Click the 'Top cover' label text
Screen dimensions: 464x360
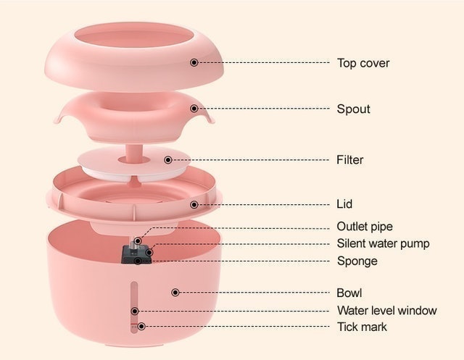click(363, 63)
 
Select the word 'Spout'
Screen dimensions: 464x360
click(353, 109)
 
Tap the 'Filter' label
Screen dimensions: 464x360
click(349, 160)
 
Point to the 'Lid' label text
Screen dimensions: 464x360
click(344, 204)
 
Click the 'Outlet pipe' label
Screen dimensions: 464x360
click(365, 227)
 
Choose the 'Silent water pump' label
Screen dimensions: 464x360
click(383, 243)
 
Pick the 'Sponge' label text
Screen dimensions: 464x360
click(357, 261)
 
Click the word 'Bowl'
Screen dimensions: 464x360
click(349, 293)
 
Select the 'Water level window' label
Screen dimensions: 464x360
click(386, 310)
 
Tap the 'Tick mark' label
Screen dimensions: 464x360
click(362, 327)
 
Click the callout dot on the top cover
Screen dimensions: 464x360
click(194, 62)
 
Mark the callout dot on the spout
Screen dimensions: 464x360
click(194, 109)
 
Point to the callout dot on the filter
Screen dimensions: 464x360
click(168, 160)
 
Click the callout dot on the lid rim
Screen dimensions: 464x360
click(194, 204)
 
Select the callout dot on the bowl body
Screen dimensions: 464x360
click(175, 293)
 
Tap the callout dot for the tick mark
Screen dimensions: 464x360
click(141, 326)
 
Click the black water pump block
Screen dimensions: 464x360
click(137, 254)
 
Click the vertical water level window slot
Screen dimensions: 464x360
click(134, 307)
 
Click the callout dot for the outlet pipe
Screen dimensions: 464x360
click(138, 241)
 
